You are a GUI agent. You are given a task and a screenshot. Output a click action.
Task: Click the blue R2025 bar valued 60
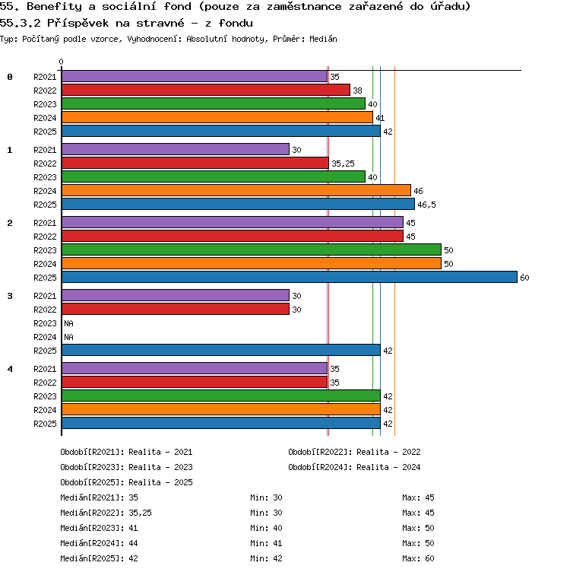click(x=290, y=277)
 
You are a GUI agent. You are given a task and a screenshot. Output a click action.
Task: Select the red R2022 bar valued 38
click(x=206, y=90)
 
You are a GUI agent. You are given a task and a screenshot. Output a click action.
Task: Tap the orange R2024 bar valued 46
click(x=236, y=190)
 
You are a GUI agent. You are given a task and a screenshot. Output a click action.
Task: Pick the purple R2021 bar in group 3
click(x=176, y=295)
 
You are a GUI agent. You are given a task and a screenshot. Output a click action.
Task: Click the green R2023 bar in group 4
click(x=221, y=396)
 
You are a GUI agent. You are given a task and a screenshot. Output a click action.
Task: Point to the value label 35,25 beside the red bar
click(x=343, y=164)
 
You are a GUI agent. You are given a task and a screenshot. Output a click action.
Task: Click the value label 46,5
click(x=426, y=205)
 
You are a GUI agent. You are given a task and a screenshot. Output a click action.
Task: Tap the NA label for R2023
click(x=68, y=323)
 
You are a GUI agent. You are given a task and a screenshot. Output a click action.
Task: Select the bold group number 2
click(x=10, y=223)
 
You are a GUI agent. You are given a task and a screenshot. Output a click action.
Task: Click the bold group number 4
click(x=10, y=369)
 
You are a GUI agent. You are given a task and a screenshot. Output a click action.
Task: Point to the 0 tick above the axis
click(x=61, y=62)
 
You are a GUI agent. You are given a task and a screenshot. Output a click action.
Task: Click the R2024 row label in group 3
click(x=45, y=337)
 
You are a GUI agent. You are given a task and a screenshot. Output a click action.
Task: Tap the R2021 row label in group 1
click(x=45, y=150)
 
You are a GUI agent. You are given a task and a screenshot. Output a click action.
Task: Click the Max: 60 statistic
click(x=418, y=558)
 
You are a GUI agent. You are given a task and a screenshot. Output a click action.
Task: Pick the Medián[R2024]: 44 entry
click(x=99, y=543)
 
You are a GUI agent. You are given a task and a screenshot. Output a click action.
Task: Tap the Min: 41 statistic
click(x=266, y=543)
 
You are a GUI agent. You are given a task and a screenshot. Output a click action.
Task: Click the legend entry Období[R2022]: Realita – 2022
click(x=354, y=452)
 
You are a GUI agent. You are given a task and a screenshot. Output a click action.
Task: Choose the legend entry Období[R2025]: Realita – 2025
click(x=126, y=482)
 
